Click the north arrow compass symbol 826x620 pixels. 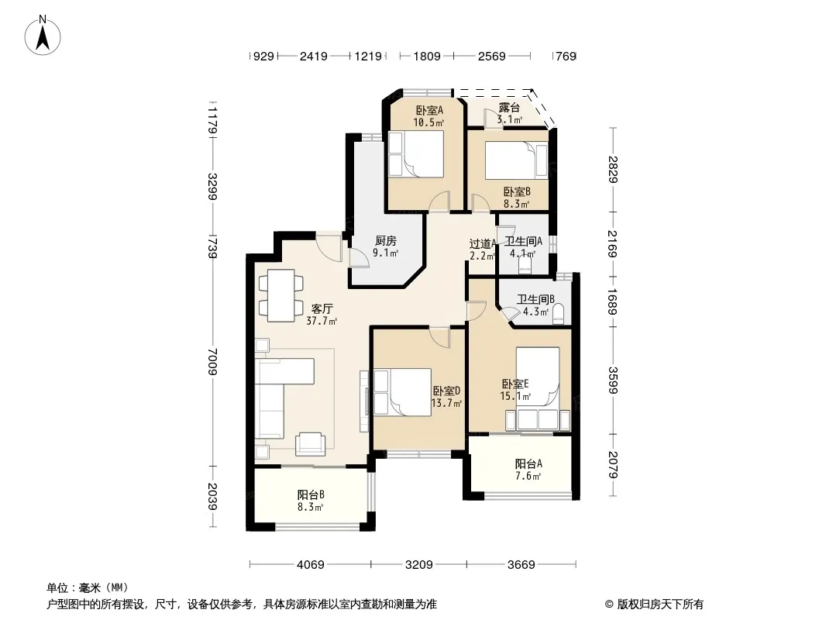[43, 35]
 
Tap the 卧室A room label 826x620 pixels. [429, 110]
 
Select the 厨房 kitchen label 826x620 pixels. [386, 241]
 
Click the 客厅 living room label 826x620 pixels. [322, 308]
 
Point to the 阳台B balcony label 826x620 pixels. [311, 494]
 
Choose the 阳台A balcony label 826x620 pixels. [528, 463]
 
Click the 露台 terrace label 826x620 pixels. [509, 108]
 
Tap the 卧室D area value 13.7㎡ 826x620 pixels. [446, 404]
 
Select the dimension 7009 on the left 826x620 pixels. [212, 361]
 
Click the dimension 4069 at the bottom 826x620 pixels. [311, 565]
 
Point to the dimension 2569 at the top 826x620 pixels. [491, 56]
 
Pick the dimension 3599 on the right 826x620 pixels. [612, 380]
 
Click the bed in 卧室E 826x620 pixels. [537, 376]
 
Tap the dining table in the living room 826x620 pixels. [280, 295]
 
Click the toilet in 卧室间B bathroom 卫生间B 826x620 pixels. [559, 313]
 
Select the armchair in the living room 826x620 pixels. [310, 443]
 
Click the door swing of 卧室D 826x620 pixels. [440, 336]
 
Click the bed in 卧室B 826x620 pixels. [516, 160]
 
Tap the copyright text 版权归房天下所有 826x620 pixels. [660, 604]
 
